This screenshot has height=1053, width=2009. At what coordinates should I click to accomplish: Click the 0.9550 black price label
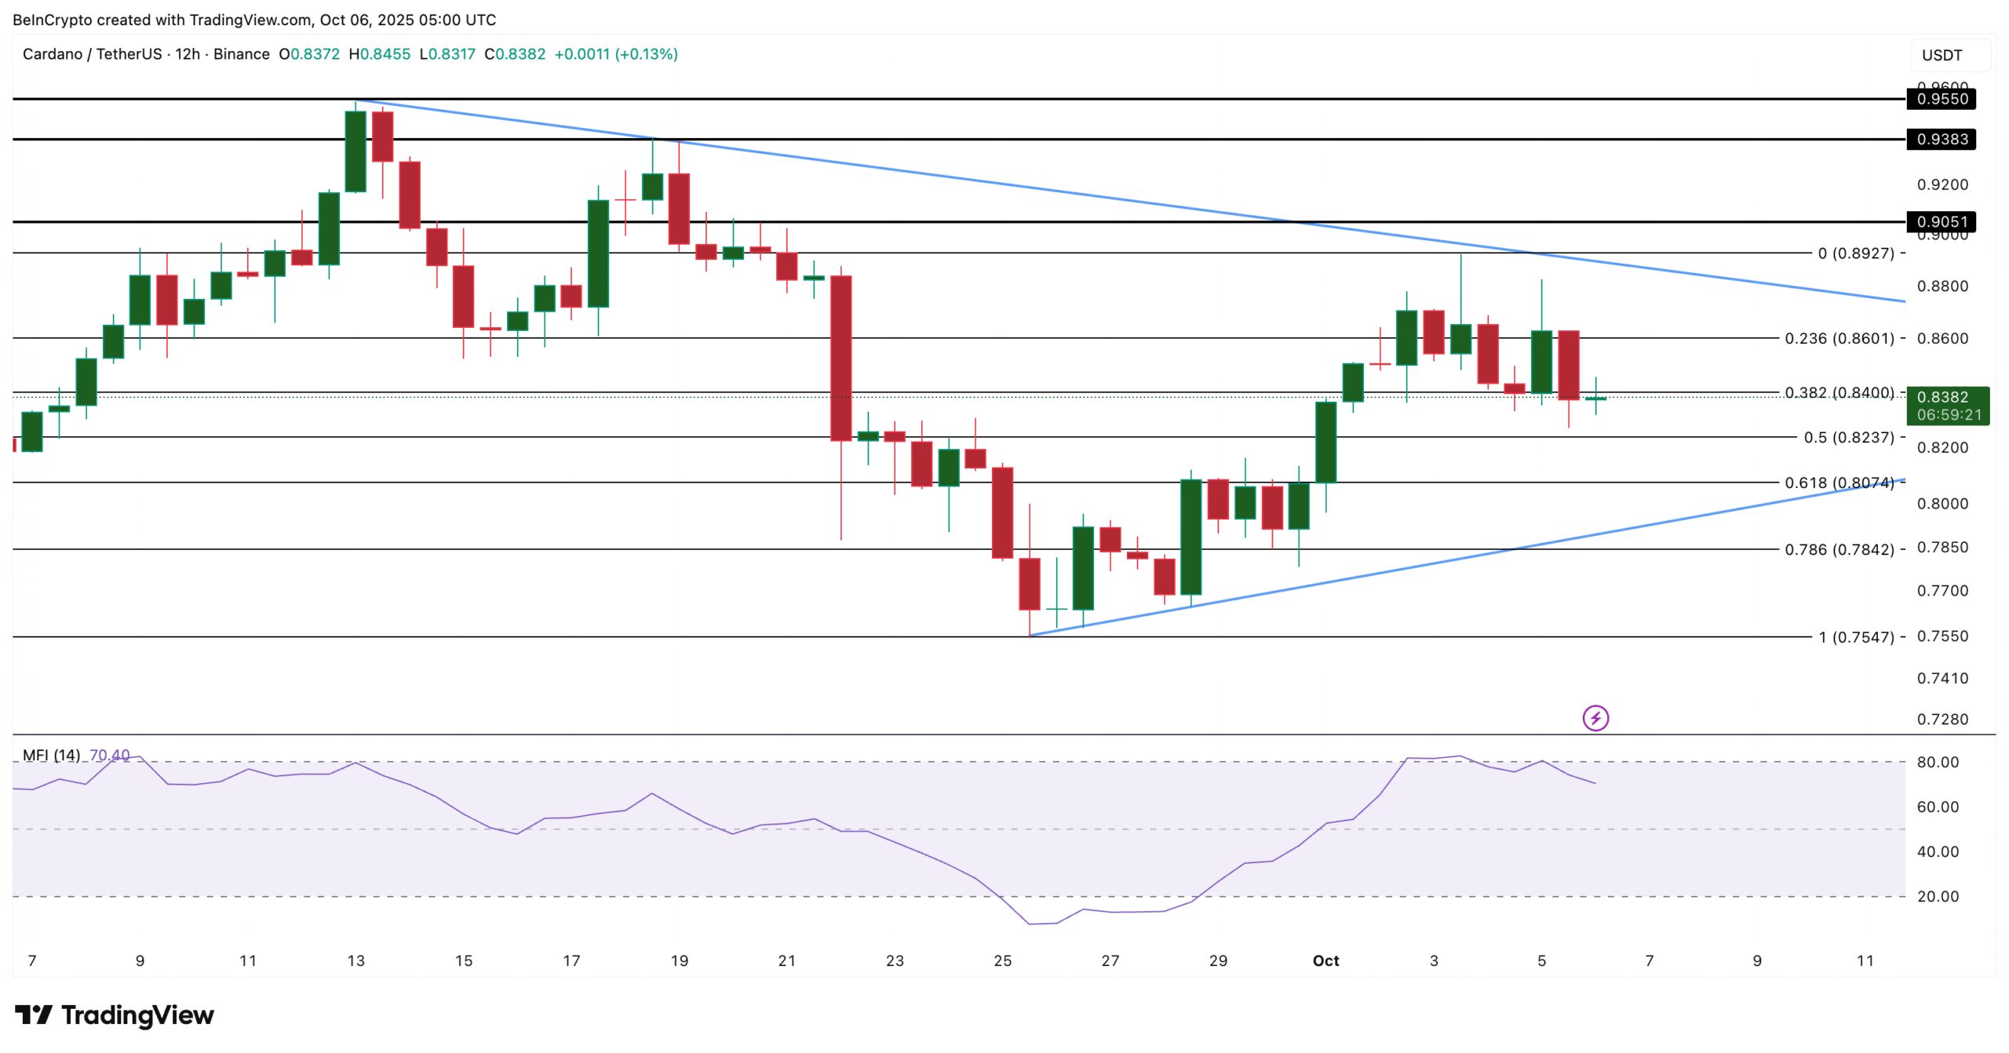point(1941,99)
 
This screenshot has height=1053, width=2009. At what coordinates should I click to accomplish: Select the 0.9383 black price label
point(1941,139)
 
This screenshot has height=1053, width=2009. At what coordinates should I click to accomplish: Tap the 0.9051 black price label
point(1941,221)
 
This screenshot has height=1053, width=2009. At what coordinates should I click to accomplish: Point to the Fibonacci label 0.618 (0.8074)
point(1839,483)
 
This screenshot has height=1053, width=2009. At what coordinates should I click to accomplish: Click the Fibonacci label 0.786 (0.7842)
point(1839,549)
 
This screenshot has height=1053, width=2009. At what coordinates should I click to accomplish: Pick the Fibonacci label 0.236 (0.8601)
point(1839,338)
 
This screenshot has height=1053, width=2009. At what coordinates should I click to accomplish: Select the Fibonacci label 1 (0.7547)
point(1855,637)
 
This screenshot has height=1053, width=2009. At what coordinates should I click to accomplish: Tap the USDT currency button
point(1942,55)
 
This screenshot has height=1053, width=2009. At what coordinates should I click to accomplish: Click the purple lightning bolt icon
point(1595,717)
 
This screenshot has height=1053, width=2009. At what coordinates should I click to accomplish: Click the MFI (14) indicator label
point(51,755)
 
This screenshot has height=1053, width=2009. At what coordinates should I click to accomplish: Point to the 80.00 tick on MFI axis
point(1937,762)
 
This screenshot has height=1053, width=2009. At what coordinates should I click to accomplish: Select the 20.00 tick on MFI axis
point(1937,896)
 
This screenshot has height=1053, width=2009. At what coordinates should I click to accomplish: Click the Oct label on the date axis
point(1325,960)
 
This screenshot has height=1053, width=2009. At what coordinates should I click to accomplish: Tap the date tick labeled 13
point(355,960)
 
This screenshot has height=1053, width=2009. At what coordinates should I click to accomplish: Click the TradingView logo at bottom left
point(114,1015)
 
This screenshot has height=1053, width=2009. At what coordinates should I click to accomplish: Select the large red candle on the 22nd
point(840,358)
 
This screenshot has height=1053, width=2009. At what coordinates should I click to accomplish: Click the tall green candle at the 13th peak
point(355,151)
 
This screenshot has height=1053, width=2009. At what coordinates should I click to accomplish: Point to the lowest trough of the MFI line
point(1030,924)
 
